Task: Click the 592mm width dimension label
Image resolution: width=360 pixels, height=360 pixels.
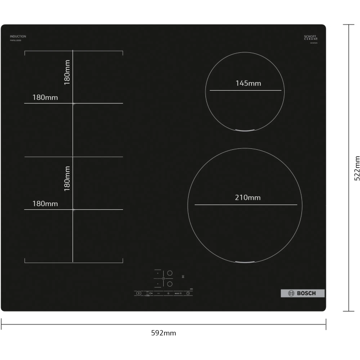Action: pyautogui.click(x=163, y=333)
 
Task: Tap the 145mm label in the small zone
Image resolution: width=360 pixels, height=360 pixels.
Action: pyautogui.click(x=248, y=83)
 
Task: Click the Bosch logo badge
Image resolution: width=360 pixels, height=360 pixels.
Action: pyautogui.click(x=302, y=293)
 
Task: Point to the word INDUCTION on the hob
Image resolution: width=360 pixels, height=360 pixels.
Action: pyautogui.click(x=18, y=36)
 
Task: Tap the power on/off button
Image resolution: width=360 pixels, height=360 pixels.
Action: pyautogui.click(x=138, y=293)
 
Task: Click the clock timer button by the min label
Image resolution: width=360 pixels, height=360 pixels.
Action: pyautogui.click(x=189, y=293)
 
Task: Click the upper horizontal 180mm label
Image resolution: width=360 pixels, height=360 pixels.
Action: pyautogui.click(x=45, y=97)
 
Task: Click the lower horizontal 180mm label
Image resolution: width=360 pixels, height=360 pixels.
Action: pyautogui.click(x=45, y=204)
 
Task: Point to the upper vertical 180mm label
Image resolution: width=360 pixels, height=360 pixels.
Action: pyautogui.click(x=67, y=72)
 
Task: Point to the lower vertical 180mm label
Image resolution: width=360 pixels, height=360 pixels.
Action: pyautogui.click(x=67, y=178)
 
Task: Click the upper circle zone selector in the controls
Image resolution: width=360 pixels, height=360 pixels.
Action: pyautogui.click(x=169, y=273)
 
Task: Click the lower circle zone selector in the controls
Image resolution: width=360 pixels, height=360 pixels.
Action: pyautogui.click(x=169, y=284)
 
